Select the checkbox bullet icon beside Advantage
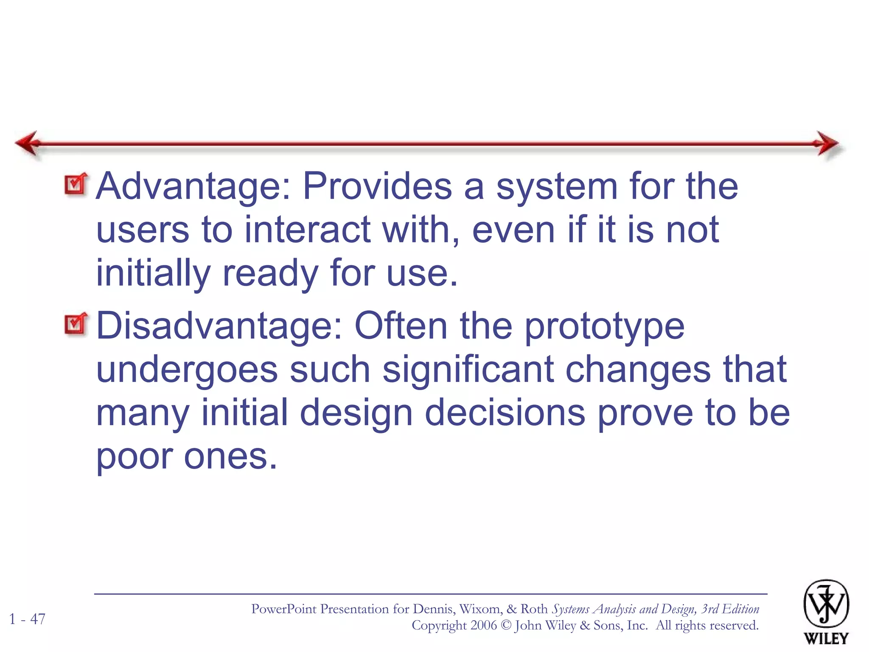pyautogui.click(x=76, y=184)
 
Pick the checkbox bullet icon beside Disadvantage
pyautogui.click(x=76, y=324)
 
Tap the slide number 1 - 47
pyautogui.click(x=27, y=619)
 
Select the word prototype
pyautogui.click(x=604, y=326)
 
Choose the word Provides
pyautogui.click(x=377, y=187)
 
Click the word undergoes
pyautogui.click(x=187, y=369)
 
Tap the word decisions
pyautogui.click(x=505, y=413)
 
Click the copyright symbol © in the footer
pyautogui.click(x=506, y=626)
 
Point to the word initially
pyautogui.click(x=153, y=273)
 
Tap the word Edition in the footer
pyautogui.click(x=740, y=609)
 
